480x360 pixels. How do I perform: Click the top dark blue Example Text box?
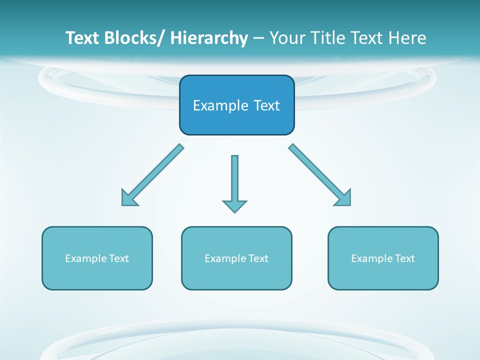[236, 105]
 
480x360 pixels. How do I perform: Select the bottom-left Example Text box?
[97, 258]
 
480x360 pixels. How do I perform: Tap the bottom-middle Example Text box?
[236, 258]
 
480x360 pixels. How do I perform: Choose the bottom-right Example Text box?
[383, 258]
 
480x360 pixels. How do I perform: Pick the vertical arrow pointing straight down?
[234, 180]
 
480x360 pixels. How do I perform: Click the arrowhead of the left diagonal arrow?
[129, 198]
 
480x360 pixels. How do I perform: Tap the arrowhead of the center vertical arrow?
[234, 205]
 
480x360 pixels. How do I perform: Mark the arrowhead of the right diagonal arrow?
[343, 198]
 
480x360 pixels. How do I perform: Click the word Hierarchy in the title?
[209, 38]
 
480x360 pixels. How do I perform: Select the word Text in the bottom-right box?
[404, 258]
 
